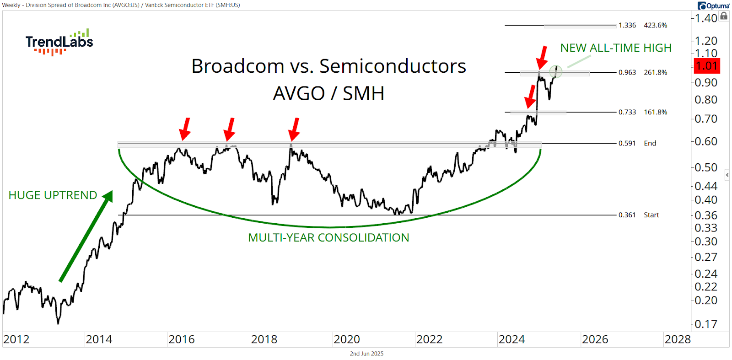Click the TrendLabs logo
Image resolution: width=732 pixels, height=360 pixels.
click(x=59, y=42)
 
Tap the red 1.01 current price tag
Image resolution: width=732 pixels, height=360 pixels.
click(x=706, y=66)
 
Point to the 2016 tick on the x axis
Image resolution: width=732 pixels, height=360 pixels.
click(x=181, y=339)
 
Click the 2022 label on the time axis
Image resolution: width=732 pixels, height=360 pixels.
click(x=429, y=339)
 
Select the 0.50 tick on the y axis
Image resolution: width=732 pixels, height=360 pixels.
click(x=706, y=167)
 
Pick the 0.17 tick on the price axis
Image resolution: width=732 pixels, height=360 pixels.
click(x=706, y=324)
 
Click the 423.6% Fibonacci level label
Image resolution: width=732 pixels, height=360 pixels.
click(x=655, y=25)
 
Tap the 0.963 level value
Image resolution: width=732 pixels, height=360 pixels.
click(x=627, y=72)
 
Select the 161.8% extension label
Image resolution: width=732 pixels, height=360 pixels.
click(x=655, y=112)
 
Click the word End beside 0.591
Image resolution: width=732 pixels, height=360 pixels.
click(x=650, y=143)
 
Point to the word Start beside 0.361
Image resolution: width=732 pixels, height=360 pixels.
click(x=651, y=215)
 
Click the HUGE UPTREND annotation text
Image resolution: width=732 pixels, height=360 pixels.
click(x=53, y=195)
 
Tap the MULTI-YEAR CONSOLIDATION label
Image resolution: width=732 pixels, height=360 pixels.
click(x=328, y=237)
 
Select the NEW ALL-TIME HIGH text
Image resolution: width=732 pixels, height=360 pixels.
click(x=616, y=48)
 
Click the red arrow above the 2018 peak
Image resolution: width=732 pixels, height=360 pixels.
click(x=294, y=129)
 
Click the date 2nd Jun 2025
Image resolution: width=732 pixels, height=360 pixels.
click(x=366, y=354)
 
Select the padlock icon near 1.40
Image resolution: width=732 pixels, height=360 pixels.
click(x=724, y=16)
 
